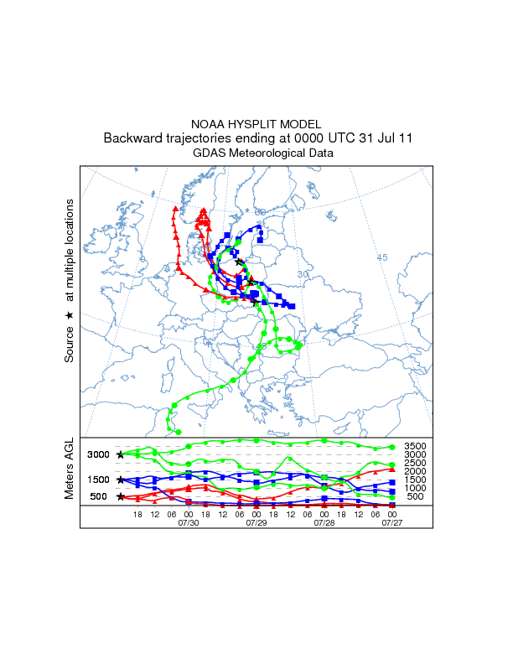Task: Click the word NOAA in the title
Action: point(210,123)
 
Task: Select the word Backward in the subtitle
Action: point(134,138)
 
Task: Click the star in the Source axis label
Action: point(70,314)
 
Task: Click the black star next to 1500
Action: point(121,480)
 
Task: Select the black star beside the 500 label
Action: point(121,497)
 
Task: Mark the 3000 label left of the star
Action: point(99,455)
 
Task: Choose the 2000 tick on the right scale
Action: point(415,471)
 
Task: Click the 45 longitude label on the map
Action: point(382,257)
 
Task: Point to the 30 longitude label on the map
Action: point(303,274)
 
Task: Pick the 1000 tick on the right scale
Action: point(415,488)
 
